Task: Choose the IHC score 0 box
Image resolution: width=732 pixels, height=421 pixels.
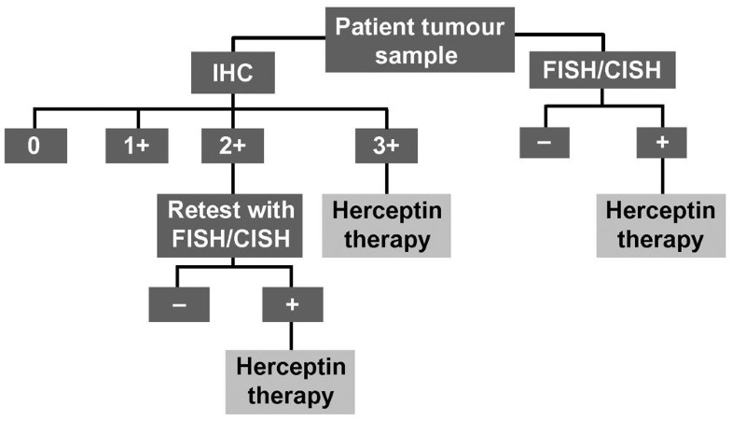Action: point(35,147)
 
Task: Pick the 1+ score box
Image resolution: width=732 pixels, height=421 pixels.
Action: point(137,147)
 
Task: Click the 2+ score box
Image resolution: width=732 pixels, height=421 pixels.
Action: point(231,147)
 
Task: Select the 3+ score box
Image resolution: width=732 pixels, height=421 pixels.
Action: point(386,147)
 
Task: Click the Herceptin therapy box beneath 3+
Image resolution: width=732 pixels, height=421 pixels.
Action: point(386,225)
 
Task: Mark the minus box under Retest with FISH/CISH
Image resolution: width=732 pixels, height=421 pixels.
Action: point(179,304)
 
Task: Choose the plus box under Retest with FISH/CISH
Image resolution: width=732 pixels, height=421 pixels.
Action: point(292,304)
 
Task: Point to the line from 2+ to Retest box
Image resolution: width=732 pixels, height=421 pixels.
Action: point(231,178)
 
